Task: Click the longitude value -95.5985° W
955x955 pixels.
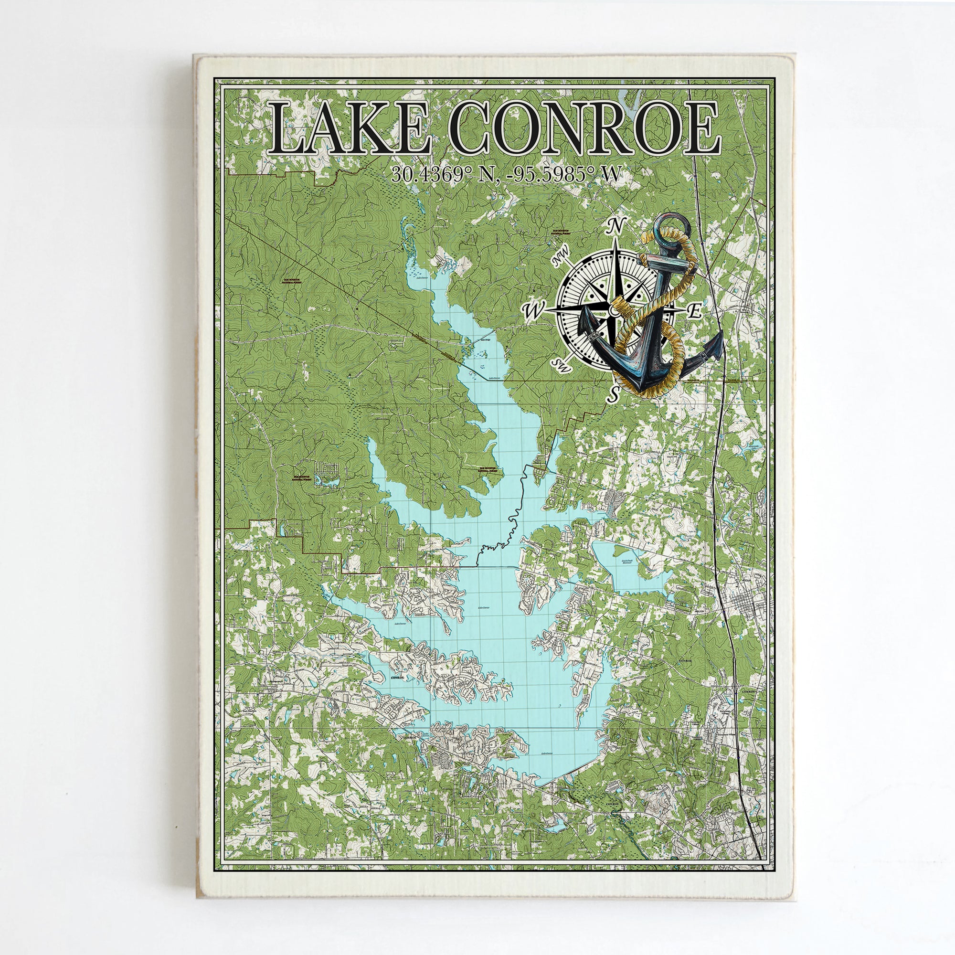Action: (567, 174)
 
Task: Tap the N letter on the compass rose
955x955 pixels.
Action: (615, 226)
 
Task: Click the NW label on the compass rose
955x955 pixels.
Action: (562, 261)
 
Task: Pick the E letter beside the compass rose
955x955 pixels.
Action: (694, 311)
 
